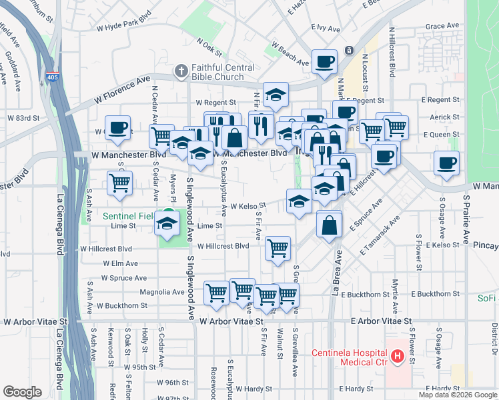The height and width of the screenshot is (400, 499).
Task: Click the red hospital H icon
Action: pyautogui.click(x=398, y=357)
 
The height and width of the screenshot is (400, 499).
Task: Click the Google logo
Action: pyautogui.click(x=22, y=392)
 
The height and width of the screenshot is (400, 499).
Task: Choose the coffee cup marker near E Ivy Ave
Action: pyautogui.click(x=325, y=63)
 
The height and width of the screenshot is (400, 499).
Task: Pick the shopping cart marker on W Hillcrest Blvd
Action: pyautogui.click(x=278, y=248)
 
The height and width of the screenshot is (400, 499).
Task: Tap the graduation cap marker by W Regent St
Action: pyautogui.click(x=275, y=95)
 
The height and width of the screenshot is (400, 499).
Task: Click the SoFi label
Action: pyautogui.click(x=487, y=298)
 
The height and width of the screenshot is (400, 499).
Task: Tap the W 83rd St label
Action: pyautogui.click(x=23, y=117)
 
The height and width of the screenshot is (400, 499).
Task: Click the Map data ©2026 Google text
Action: pyautogui.click(x=457, y=395)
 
